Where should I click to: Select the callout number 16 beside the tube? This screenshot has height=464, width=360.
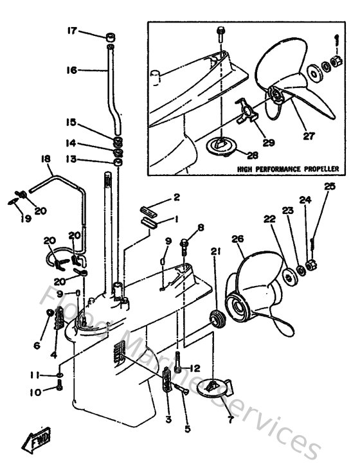[71, 69]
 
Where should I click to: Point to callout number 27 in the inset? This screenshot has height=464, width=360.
[310, 136]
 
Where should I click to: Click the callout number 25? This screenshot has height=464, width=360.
[330, 187]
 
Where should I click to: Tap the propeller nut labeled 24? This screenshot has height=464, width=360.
[311, 264]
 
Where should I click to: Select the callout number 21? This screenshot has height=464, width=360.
[214, 251]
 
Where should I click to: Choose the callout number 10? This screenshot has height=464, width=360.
[35, 391]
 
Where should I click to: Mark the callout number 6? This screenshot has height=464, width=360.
[37, 345]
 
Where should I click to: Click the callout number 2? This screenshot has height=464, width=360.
[176, 197]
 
